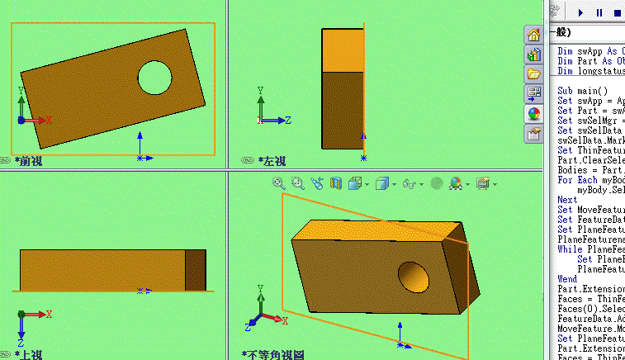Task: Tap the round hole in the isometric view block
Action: pos(411,275)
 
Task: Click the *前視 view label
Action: pos(29,161)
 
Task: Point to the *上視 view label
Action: pos(29,354)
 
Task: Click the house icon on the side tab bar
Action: pos(534,36)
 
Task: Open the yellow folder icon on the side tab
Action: pos(534,74)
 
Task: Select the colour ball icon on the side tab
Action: pos(534,113)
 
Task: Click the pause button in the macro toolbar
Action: pos(599,12)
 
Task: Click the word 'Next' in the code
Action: pos(567,200)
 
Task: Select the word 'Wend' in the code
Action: pos(567,279)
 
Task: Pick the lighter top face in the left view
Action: pos(342,50)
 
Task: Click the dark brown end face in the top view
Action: pos(196,270)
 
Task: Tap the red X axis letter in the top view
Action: pos(50,315)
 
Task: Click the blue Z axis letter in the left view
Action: pos(288,121)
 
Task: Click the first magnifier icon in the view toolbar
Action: pos(279,183)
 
